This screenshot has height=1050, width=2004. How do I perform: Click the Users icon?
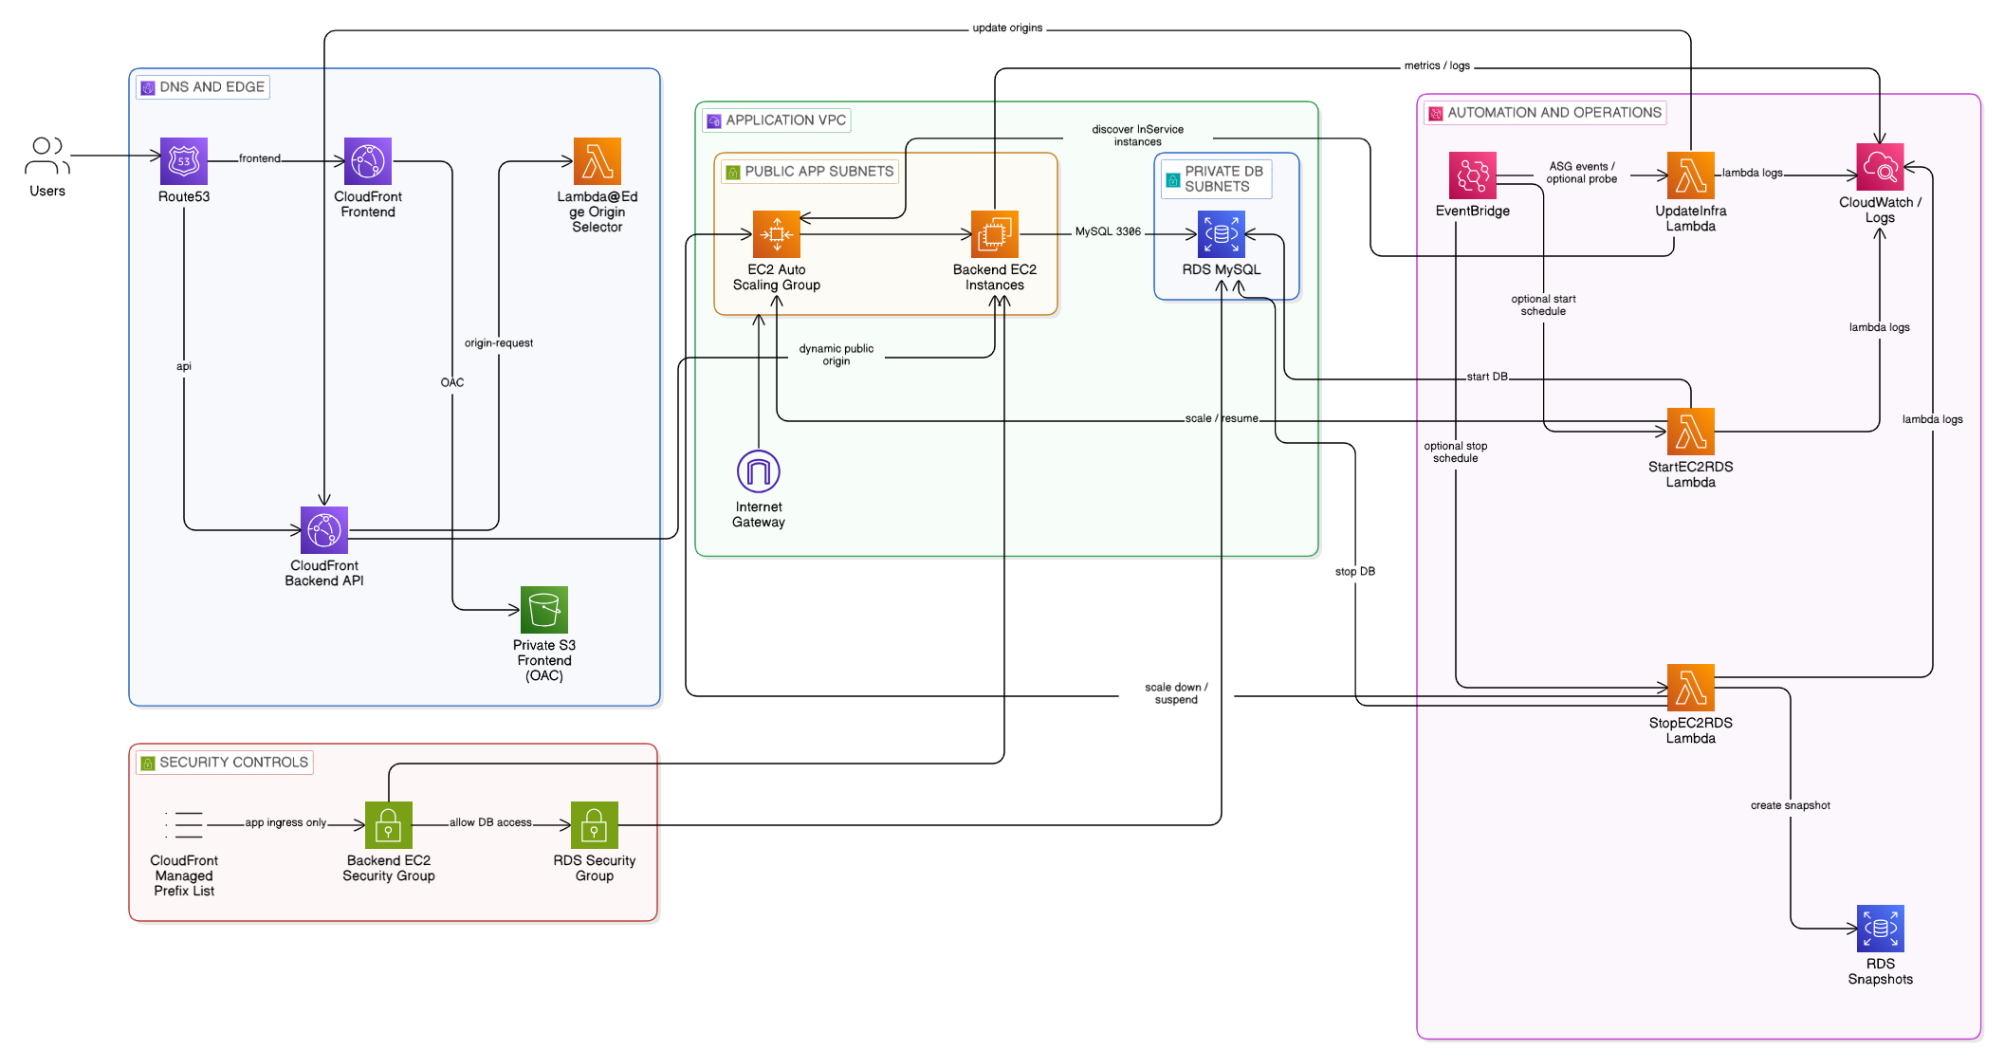pyautogui.click(x=47, y=157)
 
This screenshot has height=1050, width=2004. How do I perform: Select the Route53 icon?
pyautogui.click(x=184, y=161)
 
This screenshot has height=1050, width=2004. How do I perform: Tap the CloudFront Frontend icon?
pyautogui.click(x=368, y=161)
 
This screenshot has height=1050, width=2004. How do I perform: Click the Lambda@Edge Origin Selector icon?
pyautogui.click(x=598, y=161)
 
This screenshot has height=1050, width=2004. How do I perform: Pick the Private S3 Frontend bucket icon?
pyautogui.click(x=544, y=610)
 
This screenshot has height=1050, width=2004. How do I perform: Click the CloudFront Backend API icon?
pyautogui.click(x=324, y=530)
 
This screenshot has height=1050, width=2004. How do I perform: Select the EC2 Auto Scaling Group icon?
pyautogui.click(x=777, y=234)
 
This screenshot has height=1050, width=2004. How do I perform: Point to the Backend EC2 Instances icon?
pyautogui.click(x=995, y=234)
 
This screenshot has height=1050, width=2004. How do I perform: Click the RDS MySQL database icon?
pyautogui.click(x=1222, y=234)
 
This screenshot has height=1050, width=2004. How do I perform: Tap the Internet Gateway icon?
pyautogui.click(x=759, y=471)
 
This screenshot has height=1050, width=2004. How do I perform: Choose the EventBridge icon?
pyautogui.click(x=1473, y=175)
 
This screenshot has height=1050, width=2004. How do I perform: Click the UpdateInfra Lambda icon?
pyautogui.click(x=1691, y=175)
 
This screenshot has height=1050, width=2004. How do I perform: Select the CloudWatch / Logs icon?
pyautogui.click(x=1880, y=168)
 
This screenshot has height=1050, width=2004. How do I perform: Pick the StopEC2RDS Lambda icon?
pyautogui.click(x=1691, y=688)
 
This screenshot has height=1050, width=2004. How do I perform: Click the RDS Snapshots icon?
pyautogui.click(x=1881, y=929)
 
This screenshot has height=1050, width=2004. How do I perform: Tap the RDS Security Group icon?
pyautogui.click(x=595, y=825)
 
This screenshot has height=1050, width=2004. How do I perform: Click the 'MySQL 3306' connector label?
pyautogui.click(x=1108, y=231)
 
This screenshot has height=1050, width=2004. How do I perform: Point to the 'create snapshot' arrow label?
pyautogui.click(x=1791, y=805)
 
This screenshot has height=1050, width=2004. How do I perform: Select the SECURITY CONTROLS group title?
pyautogui.click(x=233, y=763)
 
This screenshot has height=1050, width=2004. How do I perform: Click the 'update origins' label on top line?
pyautogui.click(x=1007, y=28)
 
